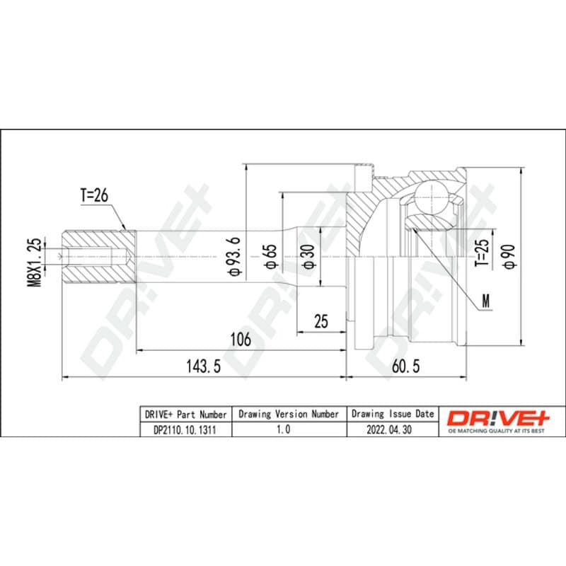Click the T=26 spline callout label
click(x=94, y=195)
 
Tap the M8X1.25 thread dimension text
click(x=35, y=262)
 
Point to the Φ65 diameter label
click(x=271, y=257)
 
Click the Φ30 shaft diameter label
click(x=309, y=257)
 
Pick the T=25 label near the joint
click(x=482, y=253)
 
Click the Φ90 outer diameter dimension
click(x=509, y=257)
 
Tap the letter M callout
click(x=486, y=301)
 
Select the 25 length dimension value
click(x=321, y=321)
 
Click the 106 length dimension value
click(x=241, y=340)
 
